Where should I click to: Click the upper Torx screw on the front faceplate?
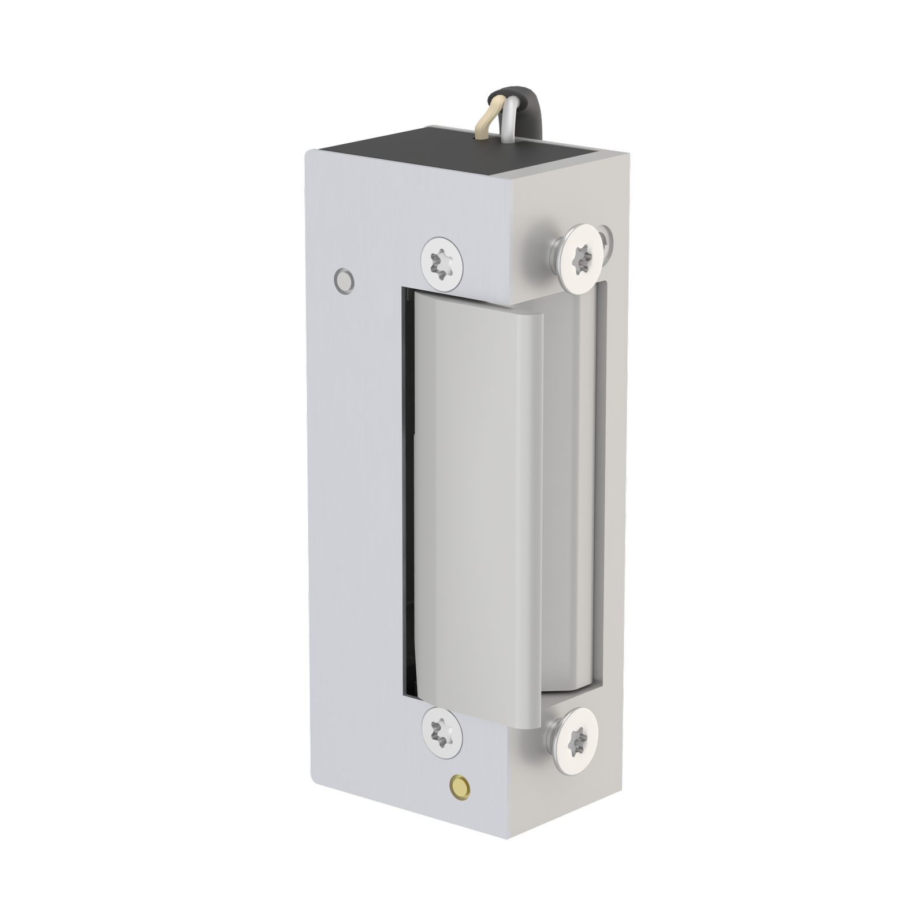(442, 263)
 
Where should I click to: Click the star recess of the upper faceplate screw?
(442, 263)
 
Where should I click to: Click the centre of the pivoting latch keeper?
(485, 508)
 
